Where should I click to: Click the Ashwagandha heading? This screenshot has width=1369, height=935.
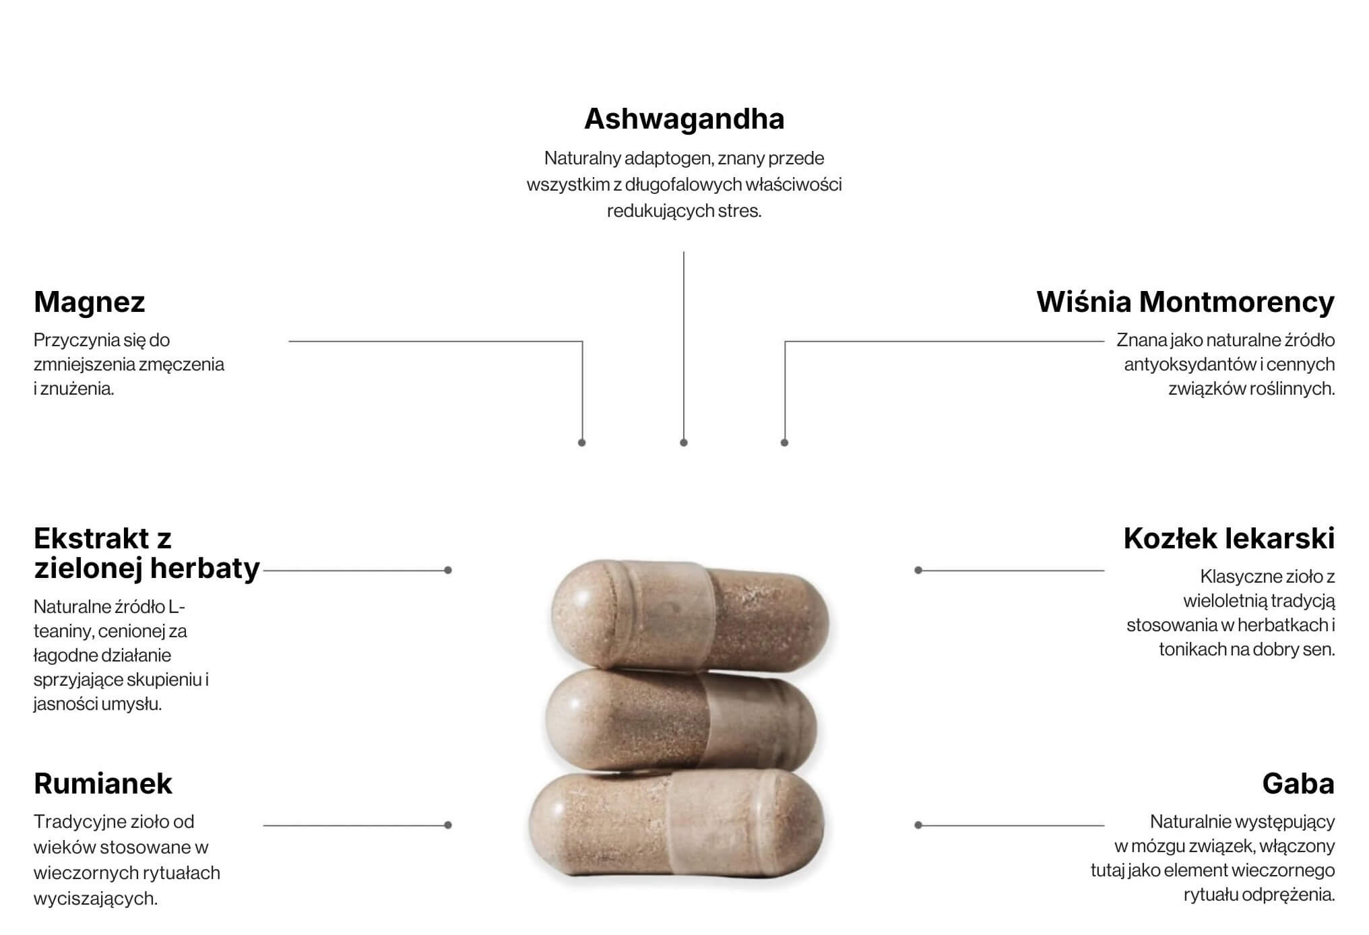pos(684,119)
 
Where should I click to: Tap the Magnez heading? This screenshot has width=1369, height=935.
pos(90,302)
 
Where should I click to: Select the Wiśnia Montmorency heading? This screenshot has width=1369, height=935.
pos(1185,302)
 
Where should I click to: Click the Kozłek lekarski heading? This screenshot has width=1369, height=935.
pos(1229,538)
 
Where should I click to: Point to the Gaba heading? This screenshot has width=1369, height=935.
pos(1298,783)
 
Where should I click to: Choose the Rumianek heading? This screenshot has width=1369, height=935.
pos(103,783)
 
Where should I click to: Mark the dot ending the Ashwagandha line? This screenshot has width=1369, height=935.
pos(684,443)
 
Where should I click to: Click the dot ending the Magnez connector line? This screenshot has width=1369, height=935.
pos(582,443)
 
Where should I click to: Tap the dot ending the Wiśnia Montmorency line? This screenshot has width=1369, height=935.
pos(784,443)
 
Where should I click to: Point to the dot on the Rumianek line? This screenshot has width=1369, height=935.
pos(448,825)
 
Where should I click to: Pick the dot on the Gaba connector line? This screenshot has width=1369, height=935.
pos(918,825)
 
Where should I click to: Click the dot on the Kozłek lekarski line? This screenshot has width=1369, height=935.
pos(918,571)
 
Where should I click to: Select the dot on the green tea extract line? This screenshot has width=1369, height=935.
pos(448,571)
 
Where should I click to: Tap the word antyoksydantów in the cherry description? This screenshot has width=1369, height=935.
pos(1190,364)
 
